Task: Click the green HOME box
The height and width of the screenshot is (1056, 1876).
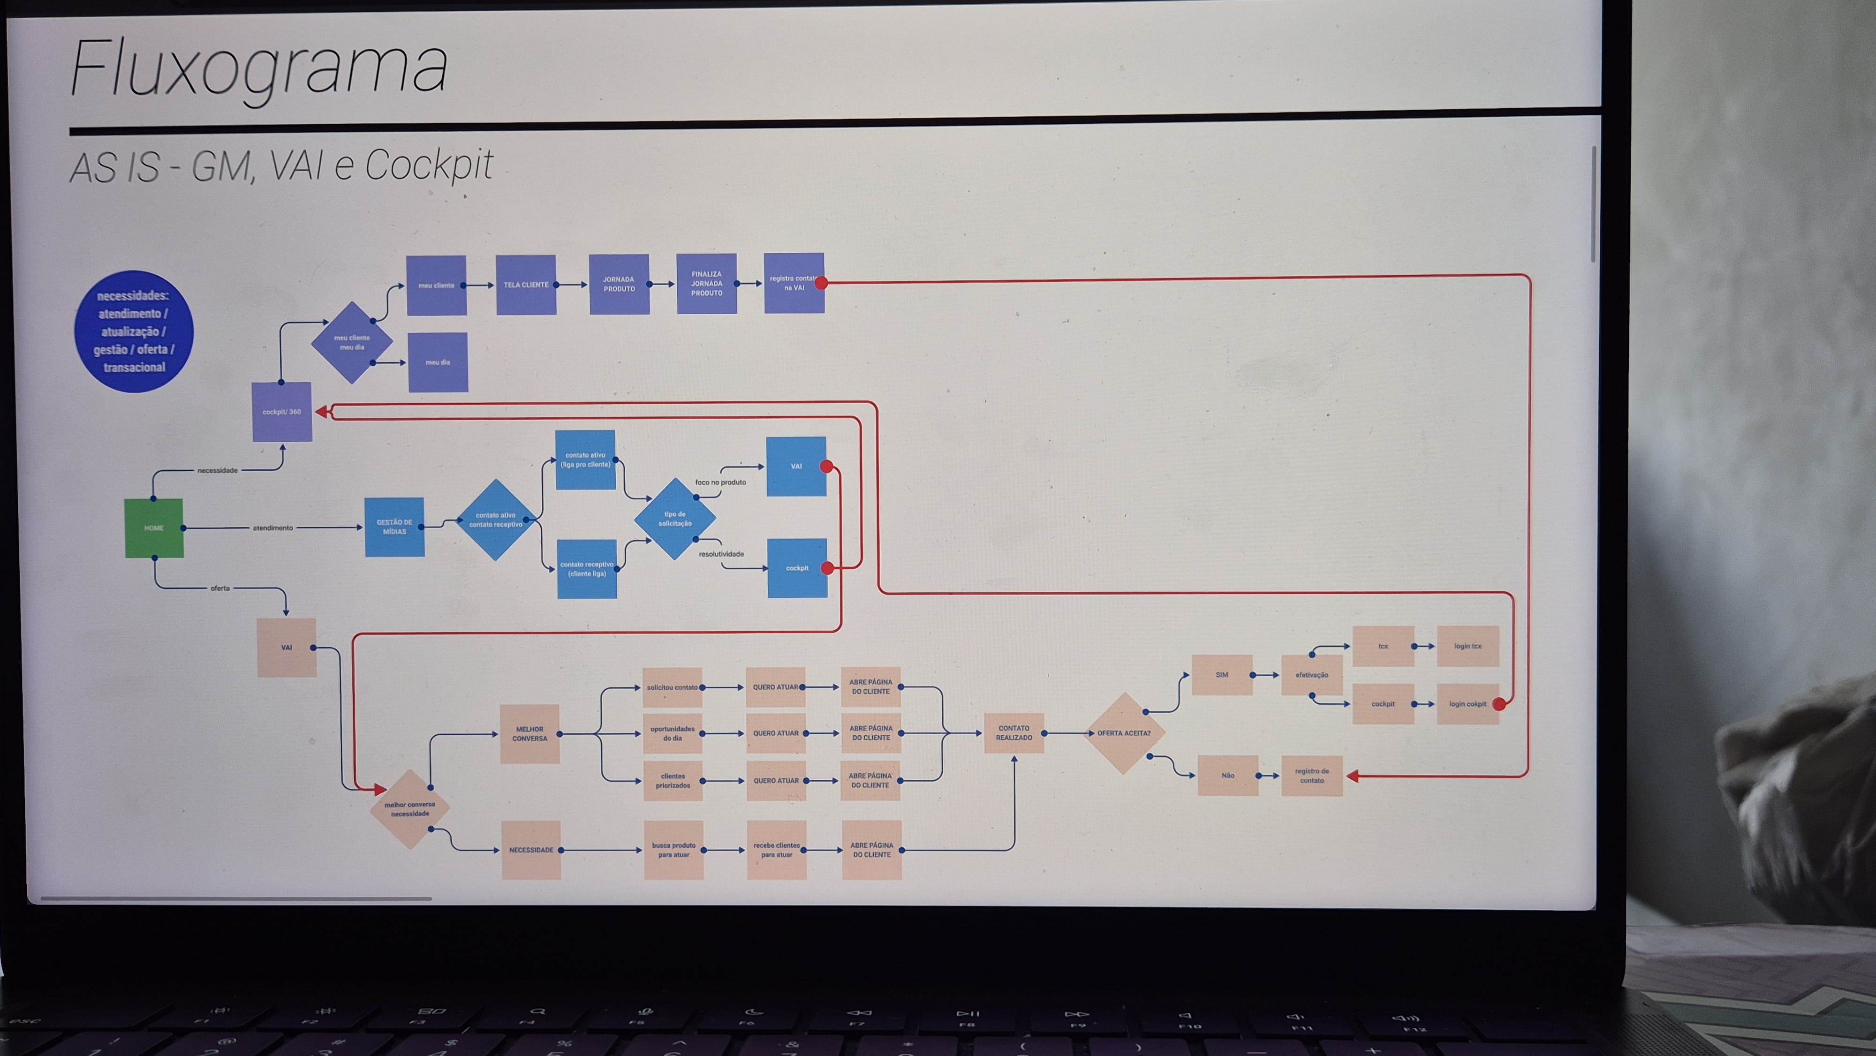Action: coord(154,528)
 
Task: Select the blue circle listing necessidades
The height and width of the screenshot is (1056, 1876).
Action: coord(134,332)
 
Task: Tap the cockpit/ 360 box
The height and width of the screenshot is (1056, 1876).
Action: coord(282,412)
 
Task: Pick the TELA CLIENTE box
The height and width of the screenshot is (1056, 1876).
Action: coord(526,285)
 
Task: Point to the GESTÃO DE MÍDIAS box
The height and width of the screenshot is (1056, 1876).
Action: coord(394,527)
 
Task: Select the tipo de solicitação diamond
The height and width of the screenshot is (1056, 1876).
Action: coord(675,519)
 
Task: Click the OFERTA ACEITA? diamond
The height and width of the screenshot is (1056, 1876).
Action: coord(1124,733)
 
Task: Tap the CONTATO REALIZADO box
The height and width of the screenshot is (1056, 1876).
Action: coord(1014,732)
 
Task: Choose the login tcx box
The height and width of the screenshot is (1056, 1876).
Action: coord(1468,646)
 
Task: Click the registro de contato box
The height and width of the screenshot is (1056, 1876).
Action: coord(1312,776)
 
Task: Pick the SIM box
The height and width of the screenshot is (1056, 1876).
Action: coord(1222,675)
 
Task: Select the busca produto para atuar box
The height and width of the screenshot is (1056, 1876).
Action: coord(673,850)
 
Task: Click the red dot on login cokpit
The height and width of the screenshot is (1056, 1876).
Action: coord(1499,704)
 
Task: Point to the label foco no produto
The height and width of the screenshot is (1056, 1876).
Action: coord(720,482)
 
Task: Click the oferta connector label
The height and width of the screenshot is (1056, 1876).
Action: coord(220,588)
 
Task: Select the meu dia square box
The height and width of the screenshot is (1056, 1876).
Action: coord(438,362)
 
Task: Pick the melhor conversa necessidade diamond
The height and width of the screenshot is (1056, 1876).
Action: coord(410,809)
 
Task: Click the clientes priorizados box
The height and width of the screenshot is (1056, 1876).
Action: coord(673,781)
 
